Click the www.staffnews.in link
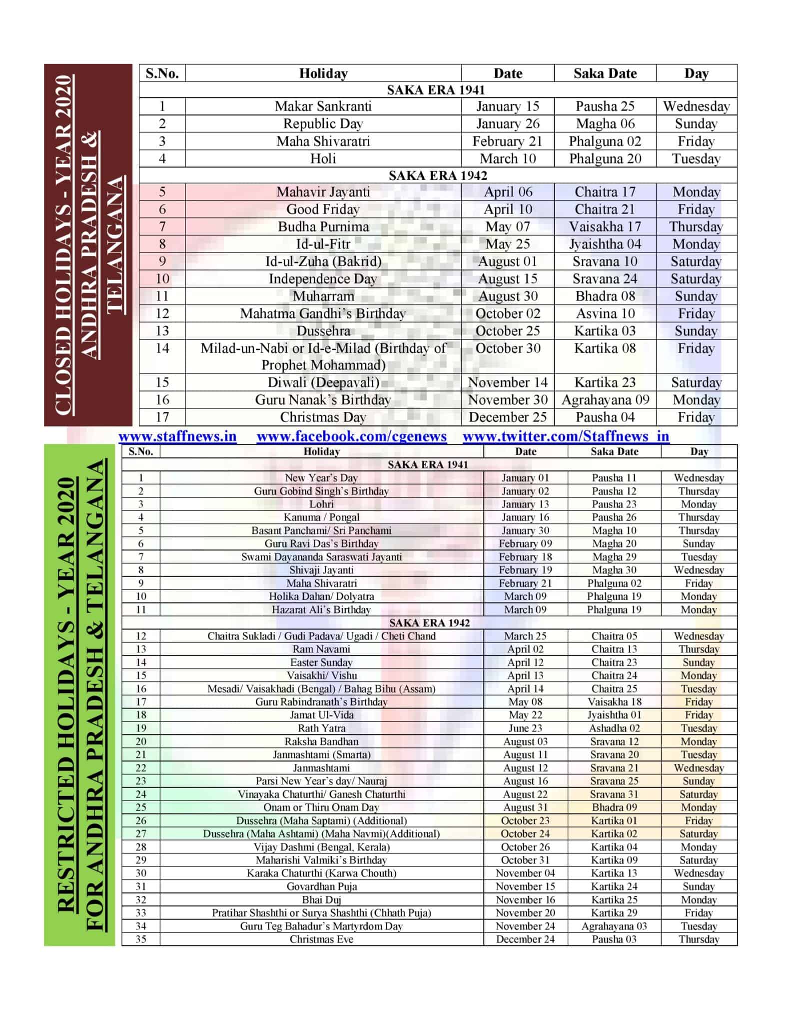177,436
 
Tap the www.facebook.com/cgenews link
351,436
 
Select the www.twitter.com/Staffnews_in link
566,436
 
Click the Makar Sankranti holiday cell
323,106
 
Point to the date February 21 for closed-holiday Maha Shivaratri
507,141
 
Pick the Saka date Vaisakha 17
605,227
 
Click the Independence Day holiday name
323,279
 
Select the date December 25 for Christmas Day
507,417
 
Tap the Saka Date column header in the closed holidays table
605,73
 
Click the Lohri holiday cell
321,504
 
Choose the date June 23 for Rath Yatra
525,728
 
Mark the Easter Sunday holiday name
321,662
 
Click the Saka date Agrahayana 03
614,926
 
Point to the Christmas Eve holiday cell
321,939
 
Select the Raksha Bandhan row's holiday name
321,741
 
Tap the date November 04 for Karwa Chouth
525,873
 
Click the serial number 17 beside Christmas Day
162,417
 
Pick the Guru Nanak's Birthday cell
323,400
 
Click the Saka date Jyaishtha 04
605,244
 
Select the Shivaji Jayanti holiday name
321,570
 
